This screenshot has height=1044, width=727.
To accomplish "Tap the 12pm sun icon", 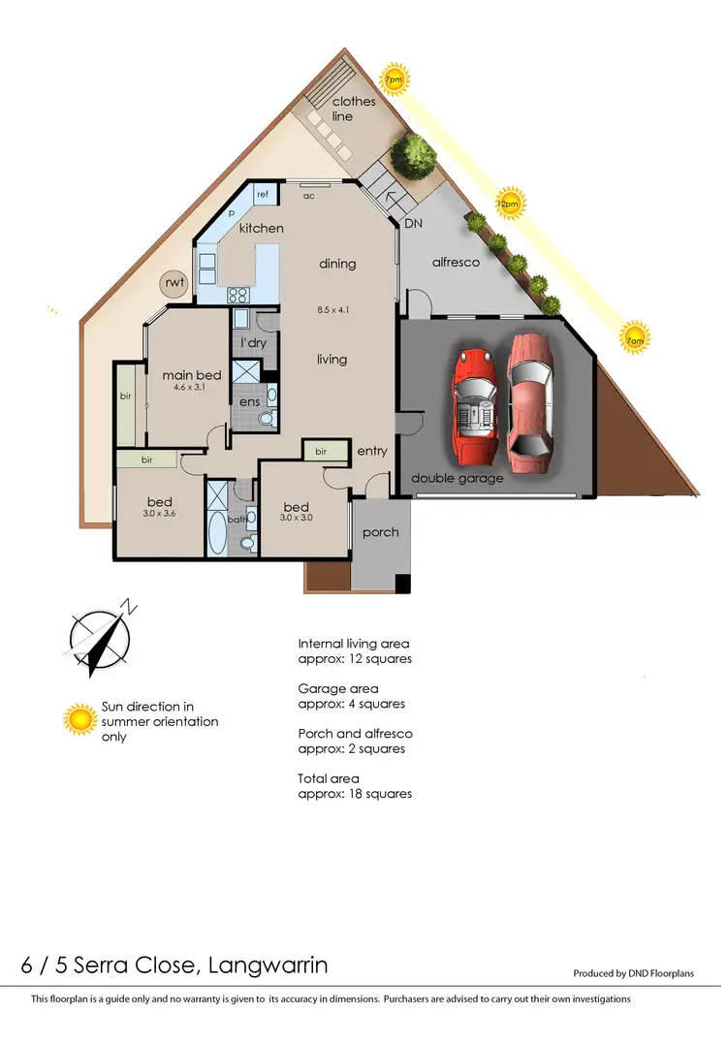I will (509, 205).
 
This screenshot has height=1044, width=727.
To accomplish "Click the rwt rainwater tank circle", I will (174, 284).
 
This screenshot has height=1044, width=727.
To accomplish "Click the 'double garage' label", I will (457, 479).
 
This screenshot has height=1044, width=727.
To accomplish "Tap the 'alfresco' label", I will (456, 263).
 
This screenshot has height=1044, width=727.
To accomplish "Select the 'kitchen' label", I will (262, 228).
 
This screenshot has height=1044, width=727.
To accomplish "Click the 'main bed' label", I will (192, 375).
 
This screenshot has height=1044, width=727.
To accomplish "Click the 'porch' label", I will (380, 532).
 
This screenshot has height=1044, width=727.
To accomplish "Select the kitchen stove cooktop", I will (238, 296).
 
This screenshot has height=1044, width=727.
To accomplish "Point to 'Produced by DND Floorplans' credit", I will (634, 974).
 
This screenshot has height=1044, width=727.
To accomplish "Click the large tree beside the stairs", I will (414, 153).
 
